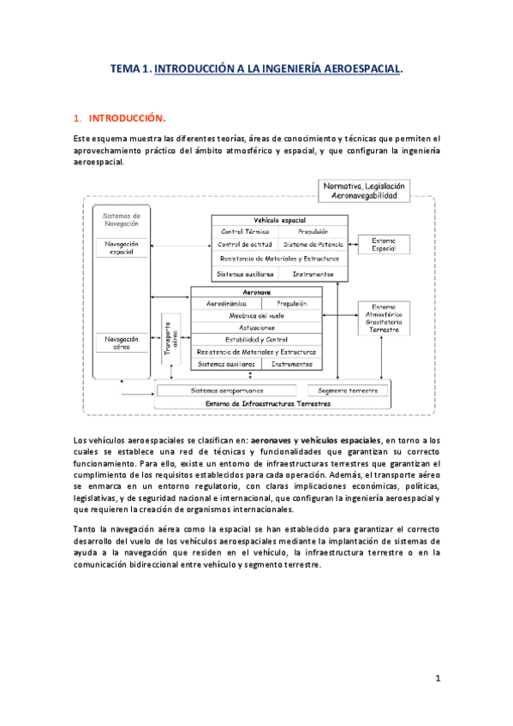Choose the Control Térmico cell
click(x=245, y=231)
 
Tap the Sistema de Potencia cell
click(x=313, y=244)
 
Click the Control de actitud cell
click(x=245, y=244)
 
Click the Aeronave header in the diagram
click(x=256, y=291)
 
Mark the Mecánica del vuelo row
click(x=256, y=315)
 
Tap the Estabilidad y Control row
click(x=256, y=339)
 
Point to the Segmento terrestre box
click(x=353, y=390)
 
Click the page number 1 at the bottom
click(x=437, y=679)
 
